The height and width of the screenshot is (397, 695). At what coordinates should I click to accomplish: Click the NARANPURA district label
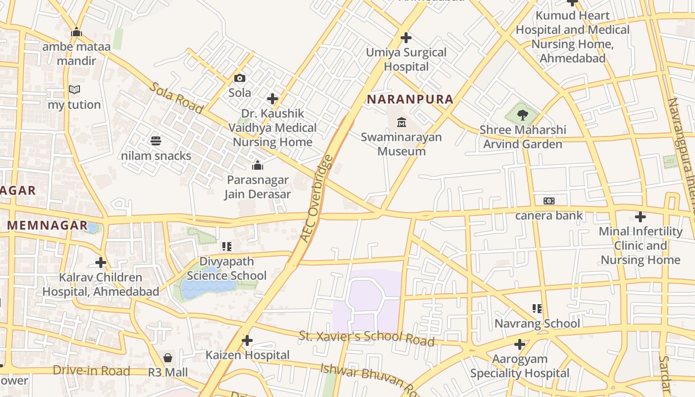410,99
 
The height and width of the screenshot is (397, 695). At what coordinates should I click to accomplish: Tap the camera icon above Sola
240,78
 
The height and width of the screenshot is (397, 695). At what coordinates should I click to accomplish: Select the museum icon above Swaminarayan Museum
401,122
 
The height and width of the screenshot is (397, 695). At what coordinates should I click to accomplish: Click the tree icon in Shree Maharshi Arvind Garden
522,116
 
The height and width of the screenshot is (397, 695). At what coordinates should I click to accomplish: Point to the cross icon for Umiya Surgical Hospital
406,37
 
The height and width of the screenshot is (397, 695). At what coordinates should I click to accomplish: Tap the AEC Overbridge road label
316,199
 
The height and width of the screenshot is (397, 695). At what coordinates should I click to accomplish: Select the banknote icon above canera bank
549,201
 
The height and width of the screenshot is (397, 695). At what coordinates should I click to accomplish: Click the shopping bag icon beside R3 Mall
168,358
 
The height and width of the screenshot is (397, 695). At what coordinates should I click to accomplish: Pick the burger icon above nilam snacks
156,141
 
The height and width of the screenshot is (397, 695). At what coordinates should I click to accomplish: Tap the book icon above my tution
74,90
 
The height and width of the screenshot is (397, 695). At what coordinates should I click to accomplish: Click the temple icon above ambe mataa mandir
76,32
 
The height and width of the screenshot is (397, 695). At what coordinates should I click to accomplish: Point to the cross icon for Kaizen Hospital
247,340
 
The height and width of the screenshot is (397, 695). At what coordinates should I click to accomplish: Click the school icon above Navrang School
537,309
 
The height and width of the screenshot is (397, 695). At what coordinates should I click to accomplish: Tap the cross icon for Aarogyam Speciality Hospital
520,344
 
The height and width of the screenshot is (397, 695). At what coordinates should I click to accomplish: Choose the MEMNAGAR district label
47,225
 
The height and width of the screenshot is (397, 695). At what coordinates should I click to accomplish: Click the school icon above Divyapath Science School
227,246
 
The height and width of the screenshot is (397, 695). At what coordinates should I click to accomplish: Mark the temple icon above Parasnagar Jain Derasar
257,165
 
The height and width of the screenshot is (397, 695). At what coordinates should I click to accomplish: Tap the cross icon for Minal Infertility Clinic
640,217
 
